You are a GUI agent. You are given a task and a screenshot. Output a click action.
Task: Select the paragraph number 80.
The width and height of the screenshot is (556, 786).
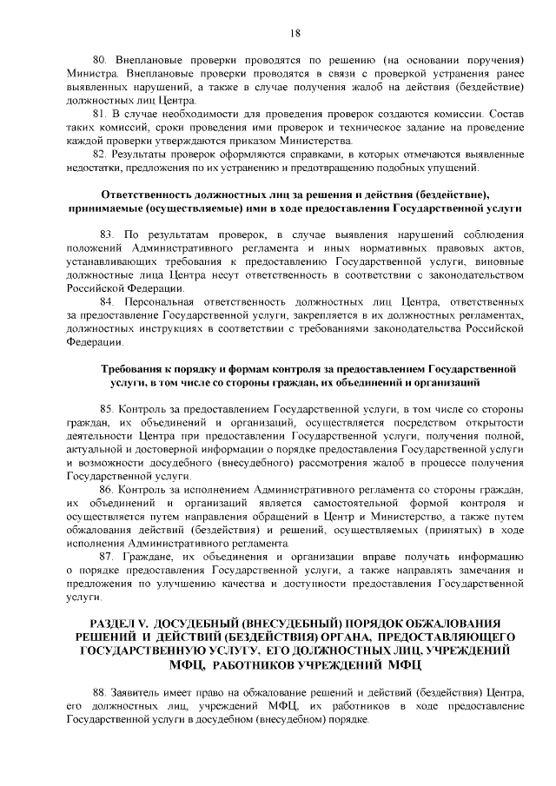click(99, 59)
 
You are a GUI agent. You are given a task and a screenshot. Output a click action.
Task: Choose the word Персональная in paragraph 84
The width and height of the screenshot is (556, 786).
click(161, 301)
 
